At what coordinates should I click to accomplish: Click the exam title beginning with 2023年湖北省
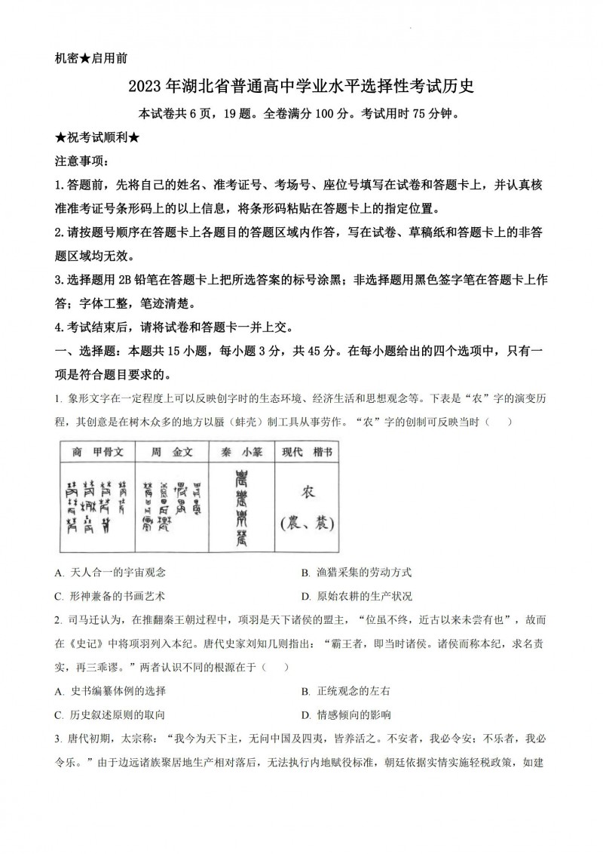301,87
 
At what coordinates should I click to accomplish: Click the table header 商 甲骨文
96,451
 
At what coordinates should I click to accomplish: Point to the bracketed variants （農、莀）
307,522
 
